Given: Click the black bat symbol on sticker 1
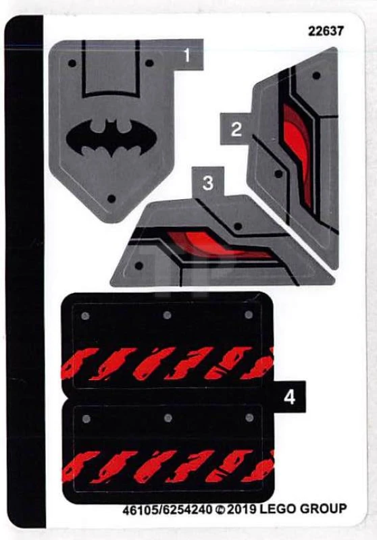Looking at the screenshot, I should point(112,139).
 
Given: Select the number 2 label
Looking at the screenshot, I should point(236,129).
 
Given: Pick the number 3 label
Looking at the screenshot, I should point(208,182).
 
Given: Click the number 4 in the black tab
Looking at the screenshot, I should point(289,398).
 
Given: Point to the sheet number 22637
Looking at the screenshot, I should point(326,31).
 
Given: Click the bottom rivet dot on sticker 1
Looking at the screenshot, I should point(113,198).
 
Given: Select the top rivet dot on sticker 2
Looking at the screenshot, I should point(316,76).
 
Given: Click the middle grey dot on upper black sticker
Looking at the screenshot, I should point(166,315).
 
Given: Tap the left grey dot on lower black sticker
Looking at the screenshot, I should point(85,419).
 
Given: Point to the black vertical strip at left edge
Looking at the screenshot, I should point(24,270).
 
